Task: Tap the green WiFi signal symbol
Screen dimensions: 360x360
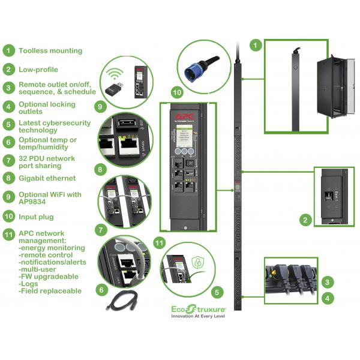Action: click(115, 74)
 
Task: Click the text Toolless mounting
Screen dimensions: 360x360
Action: click(50, 51)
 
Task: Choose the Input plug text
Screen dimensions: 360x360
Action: click(40, 215)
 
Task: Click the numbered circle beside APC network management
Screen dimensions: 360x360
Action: click(8, 233)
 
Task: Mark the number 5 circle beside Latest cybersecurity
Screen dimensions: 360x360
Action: click(8, 124)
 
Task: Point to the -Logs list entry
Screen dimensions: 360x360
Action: click(29, 283)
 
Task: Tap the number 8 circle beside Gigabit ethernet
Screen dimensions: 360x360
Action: click(8, 178)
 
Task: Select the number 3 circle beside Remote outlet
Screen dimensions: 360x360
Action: click(8, 88)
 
